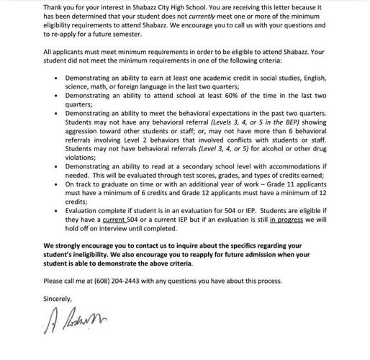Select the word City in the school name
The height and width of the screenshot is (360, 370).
point(179,7)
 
